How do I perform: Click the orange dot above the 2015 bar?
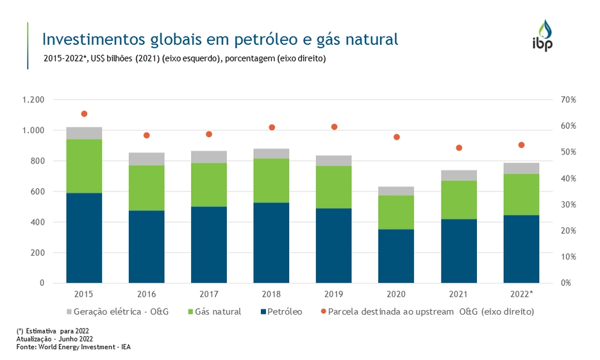[84, 114]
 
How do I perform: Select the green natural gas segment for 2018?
[271, 181]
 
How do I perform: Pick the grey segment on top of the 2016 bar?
[146, 159]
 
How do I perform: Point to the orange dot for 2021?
[459, 148]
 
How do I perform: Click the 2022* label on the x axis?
[522, 294]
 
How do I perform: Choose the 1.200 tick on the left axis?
[33, 100]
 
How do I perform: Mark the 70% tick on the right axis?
[569, 100]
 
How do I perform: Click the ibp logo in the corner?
[543, 36]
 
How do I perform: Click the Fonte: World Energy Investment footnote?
[74, 347]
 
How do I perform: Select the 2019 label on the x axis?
[333, 294]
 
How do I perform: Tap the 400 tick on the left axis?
[37, 222]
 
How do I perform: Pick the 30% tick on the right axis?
[569, 205]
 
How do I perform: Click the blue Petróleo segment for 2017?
[209, 245]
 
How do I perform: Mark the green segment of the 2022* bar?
[521, 195]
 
